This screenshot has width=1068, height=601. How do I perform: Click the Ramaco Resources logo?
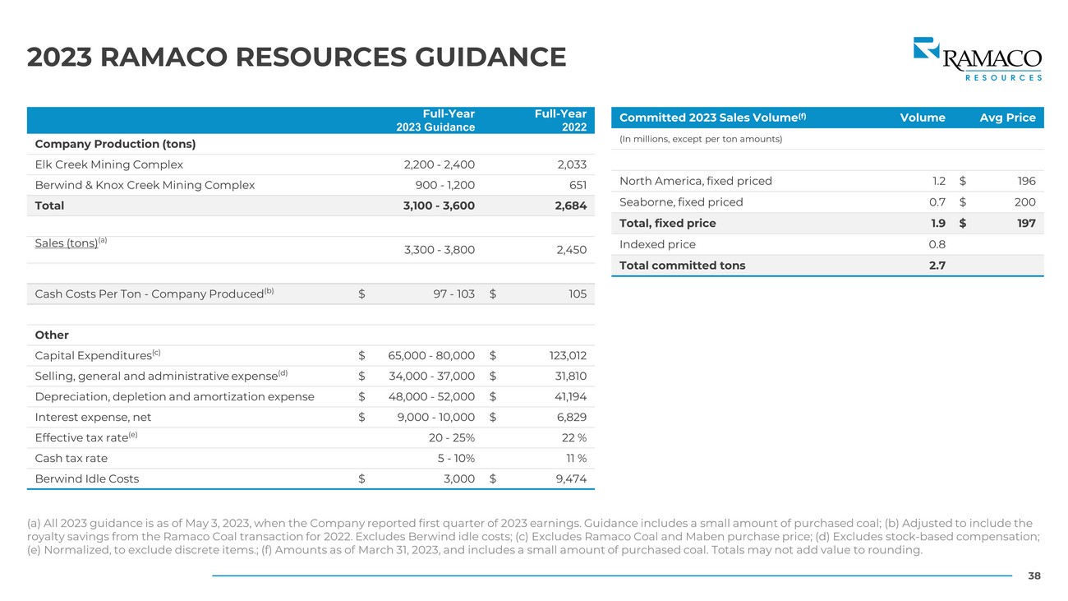[x=977, y=58]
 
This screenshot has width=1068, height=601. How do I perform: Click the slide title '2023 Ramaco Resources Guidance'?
[x=297, y=58]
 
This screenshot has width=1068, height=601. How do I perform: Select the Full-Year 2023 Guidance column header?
[x=435, y=120]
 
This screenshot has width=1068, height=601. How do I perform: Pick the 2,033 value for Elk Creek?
[x=571, y=164]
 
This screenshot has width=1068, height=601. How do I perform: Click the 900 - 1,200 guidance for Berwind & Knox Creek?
[x=440, y=185]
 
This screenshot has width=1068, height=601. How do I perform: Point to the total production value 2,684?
[x=570, y=206]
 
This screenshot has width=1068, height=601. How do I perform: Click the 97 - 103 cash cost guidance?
[x=453, y=294]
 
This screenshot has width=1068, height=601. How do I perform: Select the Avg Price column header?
[x=1007, y=118]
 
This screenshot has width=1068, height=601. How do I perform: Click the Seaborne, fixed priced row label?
[x=680, y=202]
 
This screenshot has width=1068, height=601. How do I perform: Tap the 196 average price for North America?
[x=1025, y=181]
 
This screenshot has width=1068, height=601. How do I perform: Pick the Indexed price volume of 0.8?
[x=937, y=244]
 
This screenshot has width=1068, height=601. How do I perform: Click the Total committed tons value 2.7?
[x=937, y=265]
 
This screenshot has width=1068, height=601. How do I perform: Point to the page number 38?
[x=1034, y=576]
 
